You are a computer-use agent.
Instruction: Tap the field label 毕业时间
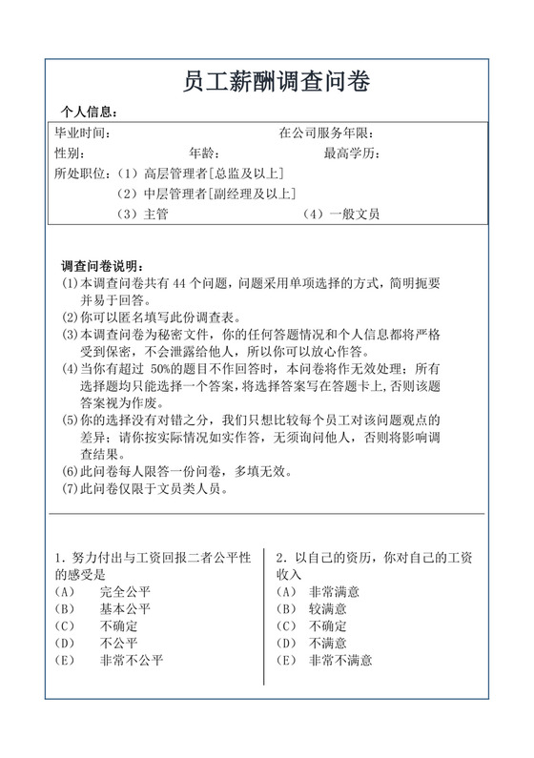pyautogui.click(x=83, y=133)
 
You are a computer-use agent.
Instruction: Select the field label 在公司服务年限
pyautogui.click(x=326, y=133)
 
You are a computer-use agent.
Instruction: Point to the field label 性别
pyautogui.click(x=70, y=154)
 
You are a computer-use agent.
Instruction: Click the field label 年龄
pyautogui.click(x=204, y=154)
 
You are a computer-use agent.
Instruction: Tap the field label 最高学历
pyautogui.click(x=352, y=154)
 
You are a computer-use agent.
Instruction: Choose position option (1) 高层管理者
pyautogui.click(x=199, y=174)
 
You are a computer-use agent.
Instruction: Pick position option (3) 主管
pyautogui.click(x=142, y=215)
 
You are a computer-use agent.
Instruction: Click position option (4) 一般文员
pyautogui.click(x=340, y=215)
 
